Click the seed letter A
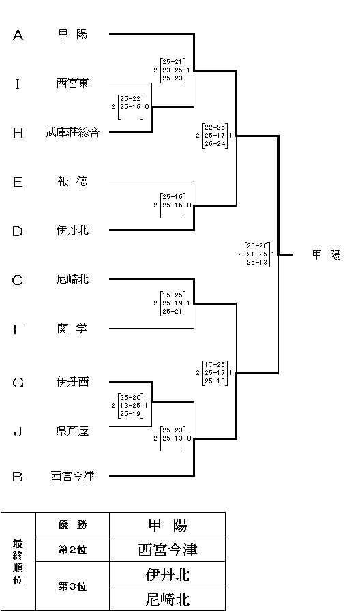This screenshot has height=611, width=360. click(18, 35)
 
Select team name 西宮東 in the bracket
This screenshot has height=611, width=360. click(72, 83)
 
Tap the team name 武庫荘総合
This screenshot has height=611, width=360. click(72, 132)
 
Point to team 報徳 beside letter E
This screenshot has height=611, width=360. click(72, 181)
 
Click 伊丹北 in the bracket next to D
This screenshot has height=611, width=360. click(72, 230)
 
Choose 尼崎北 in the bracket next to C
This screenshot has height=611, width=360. click(72, 280)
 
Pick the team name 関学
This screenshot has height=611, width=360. click(72, 329)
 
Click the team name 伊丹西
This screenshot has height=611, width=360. click(72, 382)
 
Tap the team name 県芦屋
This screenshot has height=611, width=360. click(72, 431)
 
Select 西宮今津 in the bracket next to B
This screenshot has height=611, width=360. click(72, 476)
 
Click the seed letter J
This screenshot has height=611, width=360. click(18, 432)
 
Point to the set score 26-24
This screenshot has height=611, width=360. click(215, 144)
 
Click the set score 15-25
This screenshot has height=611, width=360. click(172, 295)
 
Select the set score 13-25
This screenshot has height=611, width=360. click(130, 406)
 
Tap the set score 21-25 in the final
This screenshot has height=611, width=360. click(257, 254)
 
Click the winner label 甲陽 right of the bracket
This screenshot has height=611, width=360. click(327, 255)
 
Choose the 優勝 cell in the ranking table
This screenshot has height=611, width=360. click(72, 525)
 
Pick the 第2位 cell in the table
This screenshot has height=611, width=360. click(72, 550)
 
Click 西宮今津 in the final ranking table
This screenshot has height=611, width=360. click(168, 550)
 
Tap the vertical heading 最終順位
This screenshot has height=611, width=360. click(18, 561)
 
